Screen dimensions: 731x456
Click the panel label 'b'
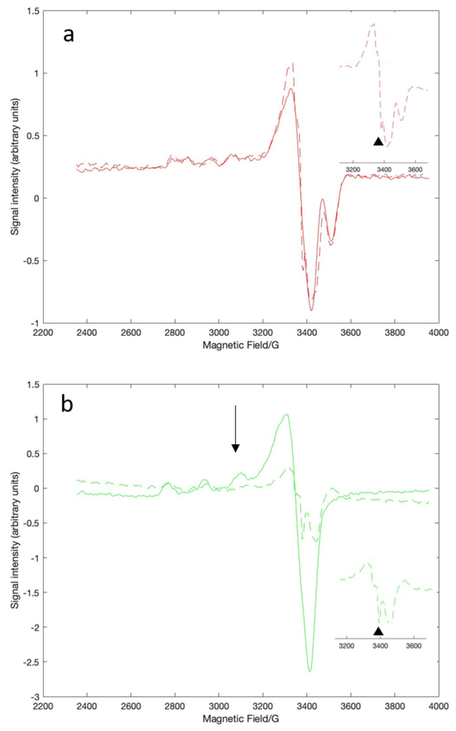[67, 405]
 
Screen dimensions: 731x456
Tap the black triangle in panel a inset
[378, 142]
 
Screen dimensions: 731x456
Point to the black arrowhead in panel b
[236, 448]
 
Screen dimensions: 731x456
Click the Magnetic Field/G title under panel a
[241, 345]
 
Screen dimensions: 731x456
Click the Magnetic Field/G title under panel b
[241, 717]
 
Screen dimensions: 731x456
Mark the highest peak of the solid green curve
[287, 414]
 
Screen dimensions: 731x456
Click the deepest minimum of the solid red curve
[311, 310]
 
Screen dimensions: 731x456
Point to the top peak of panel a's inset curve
[373, 24]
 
